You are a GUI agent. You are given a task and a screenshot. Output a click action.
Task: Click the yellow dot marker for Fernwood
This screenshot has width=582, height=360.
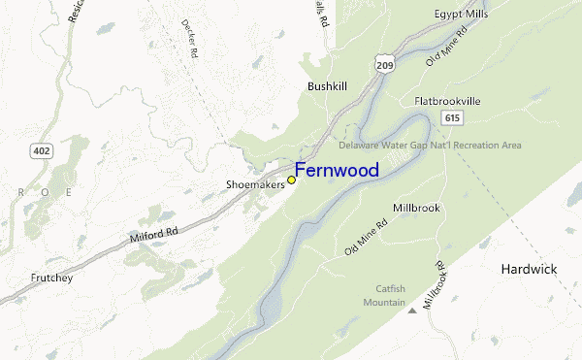291,180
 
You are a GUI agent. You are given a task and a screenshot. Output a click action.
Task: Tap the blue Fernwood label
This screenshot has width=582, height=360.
337,171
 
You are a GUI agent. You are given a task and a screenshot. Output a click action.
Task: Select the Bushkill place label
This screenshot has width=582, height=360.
327,86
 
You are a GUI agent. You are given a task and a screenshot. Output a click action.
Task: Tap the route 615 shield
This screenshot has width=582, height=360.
451,117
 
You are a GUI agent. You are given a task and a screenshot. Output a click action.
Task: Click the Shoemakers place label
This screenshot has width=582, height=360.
255,182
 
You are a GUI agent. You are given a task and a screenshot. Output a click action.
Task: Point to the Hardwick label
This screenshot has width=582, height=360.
529,269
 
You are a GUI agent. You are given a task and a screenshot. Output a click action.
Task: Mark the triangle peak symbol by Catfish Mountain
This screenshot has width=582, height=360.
412,311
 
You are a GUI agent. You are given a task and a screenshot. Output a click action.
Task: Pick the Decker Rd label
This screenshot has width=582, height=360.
190,38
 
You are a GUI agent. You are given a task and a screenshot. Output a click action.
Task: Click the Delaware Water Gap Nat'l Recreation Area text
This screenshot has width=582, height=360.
430,146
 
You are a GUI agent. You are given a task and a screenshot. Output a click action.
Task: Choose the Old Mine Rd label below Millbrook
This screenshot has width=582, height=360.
366,238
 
